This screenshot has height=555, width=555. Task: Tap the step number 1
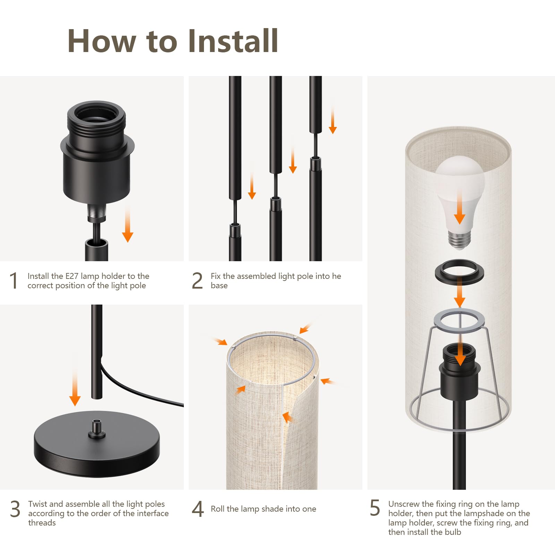(14, 281)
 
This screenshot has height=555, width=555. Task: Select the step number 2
(197, 281)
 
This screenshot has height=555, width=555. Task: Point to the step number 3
(15, 509)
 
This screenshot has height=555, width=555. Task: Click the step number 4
(198, 509)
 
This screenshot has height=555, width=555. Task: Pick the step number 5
(375, 508)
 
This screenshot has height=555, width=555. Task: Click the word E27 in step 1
(72, 276)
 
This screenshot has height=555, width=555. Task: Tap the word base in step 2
(219, 285)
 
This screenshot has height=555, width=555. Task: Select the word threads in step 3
(42, 523)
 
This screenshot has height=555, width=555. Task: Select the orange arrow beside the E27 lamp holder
(128, 223)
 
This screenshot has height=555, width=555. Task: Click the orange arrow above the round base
(75, 387)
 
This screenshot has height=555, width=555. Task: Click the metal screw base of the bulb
(460, 240)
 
